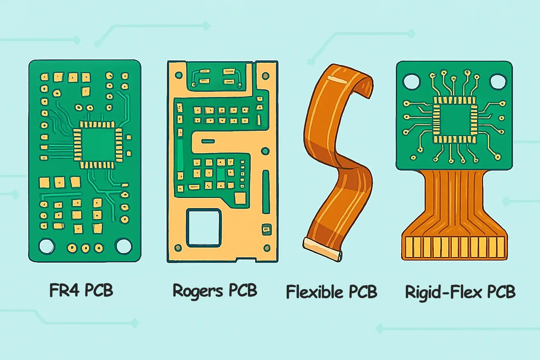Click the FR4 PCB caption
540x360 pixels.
click(81, 290)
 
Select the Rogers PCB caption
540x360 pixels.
click(215, 291)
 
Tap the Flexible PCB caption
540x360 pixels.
click(331, 292)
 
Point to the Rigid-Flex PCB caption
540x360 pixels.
click(460, 292)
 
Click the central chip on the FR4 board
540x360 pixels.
click(98, 145)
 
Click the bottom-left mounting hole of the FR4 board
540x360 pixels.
click(47, 246)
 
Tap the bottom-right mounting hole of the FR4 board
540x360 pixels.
click(124, 246)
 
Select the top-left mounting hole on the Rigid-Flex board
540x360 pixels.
click(411, 81)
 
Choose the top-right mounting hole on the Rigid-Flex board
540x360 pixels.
click(498, 81)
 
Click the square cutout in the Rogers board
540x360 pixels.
click(204, 228)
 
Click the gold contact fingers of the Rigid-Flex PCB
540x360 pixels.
click(454, 247)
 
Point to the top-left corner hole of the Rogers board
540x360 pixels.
click(179, 75)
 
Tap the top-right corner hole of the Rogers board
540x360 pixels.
click(266, 76)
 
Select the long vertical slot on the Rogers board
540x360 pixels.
click(266, 192)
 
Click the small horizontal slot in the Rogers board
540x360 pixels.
click(208, 141)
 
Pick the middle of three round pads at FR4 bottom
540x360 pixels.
click(86, 248)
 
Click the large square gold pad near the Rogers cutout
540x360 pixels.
click(240, 198)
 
